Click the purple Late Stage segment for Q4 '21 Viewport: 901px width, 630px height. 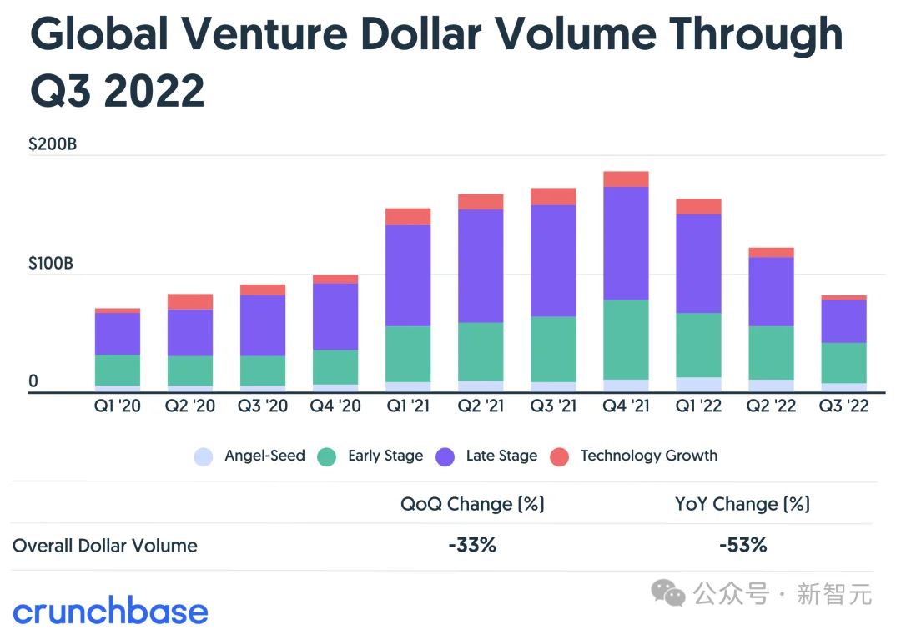tap(626, 243)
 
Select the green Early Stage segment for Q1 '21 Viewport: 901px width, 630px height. tap(408, 354)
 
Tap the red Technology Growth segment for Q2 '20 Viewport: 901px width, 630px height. tap(190, 301)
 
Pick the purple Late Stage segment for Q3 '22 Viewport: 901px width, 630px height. tap(843, 321)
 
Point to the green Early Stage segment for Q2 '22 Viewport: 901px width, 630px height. tap(771, 352)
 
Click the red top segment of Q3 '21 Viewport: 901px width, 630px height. tap(553, 197)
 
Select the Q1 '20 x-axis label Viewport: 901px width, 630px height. tap(118, 406)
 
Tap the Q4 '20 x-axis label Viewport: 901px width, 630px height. tap(335, 406)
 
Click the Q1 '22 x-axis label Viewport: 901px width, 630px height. tap(698, 406)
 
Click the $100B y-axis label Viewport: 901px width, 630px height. tap(51, 264)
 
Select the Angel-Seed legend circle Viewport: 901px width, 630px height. tap(204, 456)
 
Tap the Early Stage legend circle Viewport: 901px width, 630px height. tap(327, 456)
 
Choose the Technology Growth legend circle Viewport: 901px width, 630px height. tap(560, 456)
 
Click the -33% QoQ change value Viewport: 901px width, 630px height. tap(472, 546)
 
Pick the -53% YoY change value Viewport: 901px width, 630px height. tap(742, 546)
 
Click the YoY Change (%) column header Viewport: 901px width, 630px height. tap(742, 504)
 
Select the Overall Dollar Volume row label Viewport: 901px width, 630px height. tap(105, 547)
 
